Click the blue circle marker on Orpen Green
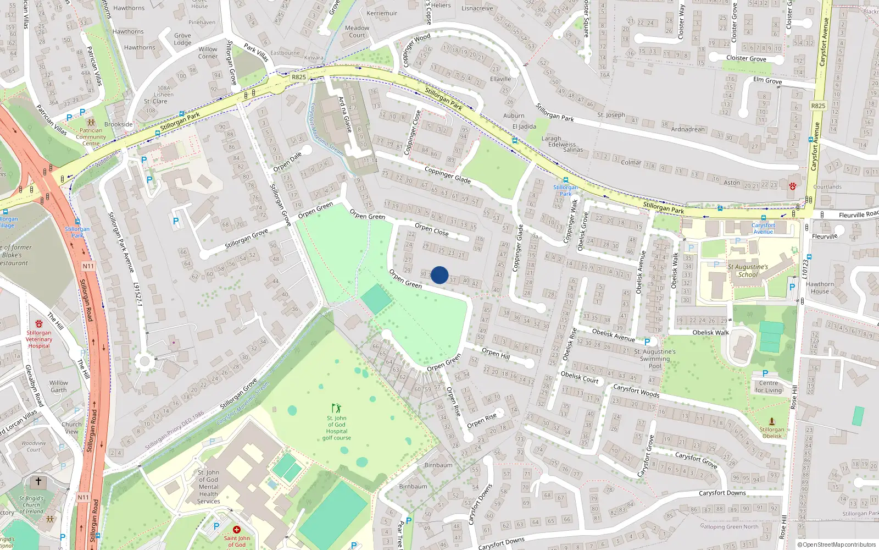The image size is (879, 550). pyautogui.click(x=439, y=275)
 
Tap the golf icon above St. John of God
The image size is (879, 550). pyautogui.click(x=336, y=408)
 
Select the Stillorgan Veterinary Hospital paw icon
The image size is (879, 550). pyautogui.click(x=39, y=324)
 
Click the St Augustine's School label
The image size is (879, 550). pyautogui.click(x=748, y=271)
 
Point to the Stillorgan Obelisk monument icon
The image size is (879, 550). pyautogui.click(x=771, y=421)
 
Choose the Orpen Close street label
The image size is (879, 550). pyautogui.click(x=432, y=229)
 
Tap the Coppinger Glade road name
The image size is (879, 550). pyautogui.click(x=447, y=175)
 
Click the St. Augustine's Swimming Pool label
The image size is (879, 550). pyautogui.click(x=655, y=359)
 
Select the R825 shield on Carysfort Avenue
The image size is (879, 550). pyautogui.click(x=818, y=106)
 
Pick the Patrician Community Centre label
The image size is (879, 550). pyautogui.click(x=91, y=137)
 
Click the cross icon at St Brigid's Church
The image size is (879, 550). pyautogui.click(x=38, y=482)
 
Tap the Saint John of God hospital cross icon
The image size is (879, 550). pyautogui.click(x=237, y=530)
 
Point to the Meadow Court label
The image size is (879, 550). pyautogui.click(x=357, y=31)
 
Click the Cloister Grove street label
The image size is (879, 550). pyautogui.click(x=746, y=58)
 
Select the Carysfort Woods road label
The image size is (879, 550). pyautogui.click(x=636, y=391)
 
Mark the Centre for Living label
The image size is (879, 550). pyautogui.click(x=768, y=387)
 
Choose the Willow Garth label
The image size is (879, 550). pyautogui.click(x=58, y=386)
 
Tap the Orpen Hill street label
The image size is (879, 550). pyautogui.click(x=496, y=353)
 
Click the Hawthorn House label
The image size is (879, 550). pyautogui.click(x=820, y=288)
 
